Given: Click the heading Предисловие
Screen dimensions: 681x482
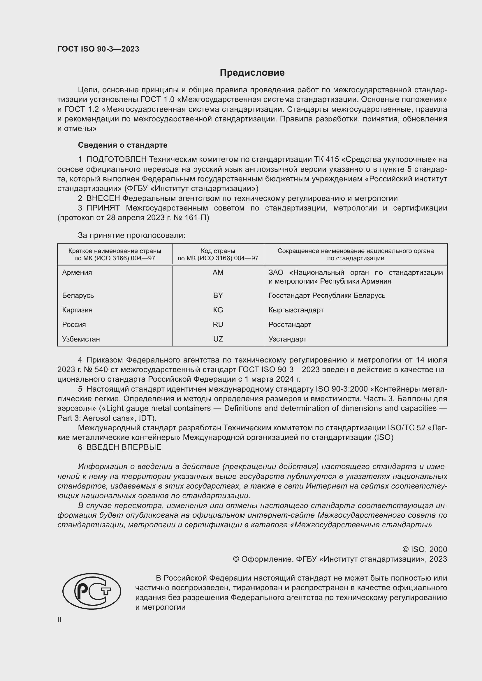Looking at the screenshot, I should coord(252,73).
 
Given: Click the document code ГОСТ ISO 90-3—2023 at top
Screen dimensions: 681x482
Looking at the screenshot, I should coord(98,49).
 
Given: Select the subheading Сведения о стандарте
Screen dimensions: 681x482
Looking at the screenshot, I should coord(123,145).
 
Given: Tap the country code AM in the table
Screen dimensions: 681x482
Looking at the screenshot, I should coord(218,272).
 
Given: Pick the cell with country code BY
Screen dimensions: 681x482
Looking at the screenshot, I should coord(218,296).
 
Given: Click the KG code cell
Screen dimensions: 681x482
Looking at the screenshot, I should coord(218,310).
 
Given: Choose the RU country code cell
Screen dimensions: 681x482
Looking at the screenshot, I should coord(218,324).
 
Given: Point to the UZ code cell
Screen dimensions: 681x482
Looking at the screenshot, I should coord(218,339).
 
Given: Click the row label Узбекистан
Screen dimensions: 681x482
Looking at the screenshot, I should coord(81,339).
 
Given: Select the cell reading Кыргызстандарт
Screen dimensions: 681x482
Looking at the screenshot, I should coord(296,310).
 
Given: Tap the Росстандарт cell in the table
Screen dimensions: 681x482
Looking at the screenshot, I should coord(290,324).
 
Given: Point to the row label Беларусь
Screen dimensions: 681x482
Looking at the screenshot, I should coord(78,296).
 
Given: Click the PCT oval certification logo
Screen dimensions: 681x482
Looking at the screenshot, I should coord(92,591).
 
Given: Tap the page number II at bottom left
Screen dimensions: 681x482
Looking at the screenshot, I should coord(59,619).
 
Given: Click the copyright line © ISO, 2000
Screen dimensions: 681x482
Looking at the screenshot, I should coord(425,549).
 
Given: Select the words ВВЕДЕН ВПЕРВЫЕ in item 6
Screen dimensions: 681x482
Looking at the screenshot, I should coord(124,447).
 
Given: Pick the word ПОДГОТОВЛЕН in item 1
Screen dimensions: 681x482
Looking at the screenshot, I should coord(116,160).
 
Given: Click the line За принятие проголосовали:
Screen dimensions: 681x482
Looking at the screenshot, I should coord(131,236).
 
